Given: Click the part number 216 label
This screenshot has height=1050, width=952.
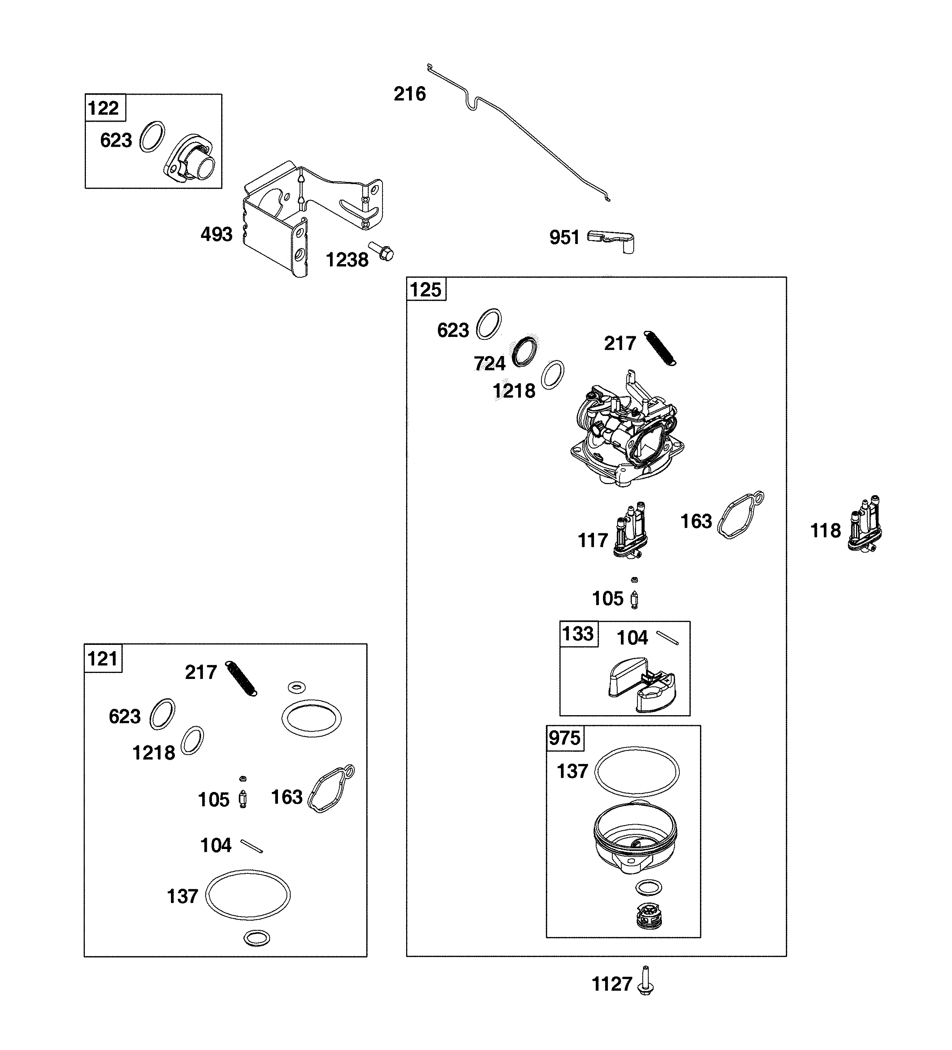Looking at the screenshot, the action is click(x=409, y=94).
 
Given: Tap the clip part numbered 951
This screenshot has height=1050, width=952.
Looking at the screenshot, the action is click(x=611, y=241).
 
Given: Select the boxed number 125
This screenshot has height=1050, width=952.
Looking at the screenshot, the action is click(x=425, y=290).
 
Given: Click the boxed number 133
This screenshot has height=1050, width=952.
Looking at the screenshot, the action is click(x=578, y=633).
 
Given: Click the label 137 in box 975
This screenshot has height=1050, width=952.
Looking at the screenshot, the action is click(x=572, y=771).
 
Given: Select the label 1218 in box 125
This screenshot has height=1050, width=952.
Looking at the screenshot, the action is click(x=514, y=391).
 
